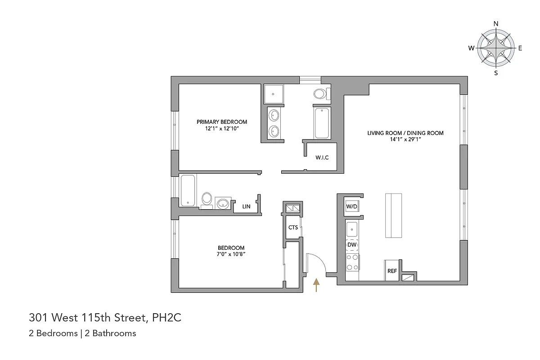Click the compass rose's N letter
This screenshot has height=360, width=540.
click(x=496, y=24)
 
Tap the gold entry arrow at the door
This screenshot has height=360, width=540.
click(x=316, y=285)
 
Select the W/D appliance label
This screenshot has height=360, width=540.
click(x=351, y=206)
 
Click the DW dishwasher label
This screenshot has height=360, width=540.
click(x=352, y=245)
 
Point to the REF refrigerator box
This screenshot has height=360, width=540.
click(x=392, y=271)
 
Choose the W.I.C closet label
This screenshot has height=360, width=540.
click(x=322, y=157)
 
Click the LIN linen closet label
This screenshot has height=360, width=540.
click(x=246, y=207)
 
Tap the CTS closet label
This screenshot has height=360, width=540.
click(x=293, y=227)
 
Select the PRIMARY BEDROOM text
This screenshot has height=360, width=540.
click(x=222, y=122)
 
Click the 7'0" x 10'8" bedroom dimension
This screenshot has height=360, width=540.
click(x=231, y=254)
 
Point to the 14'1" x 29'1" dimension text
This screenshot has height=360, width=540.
click(x=405, y=139)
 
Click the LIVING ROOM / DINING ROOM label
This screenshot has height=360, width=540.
click(x=405, y=133)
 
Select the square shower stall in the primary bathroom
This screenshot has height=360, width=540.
click(x=272, y=94)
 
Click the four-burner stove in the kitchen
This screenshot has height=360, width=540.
click(x=352, y=262)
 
